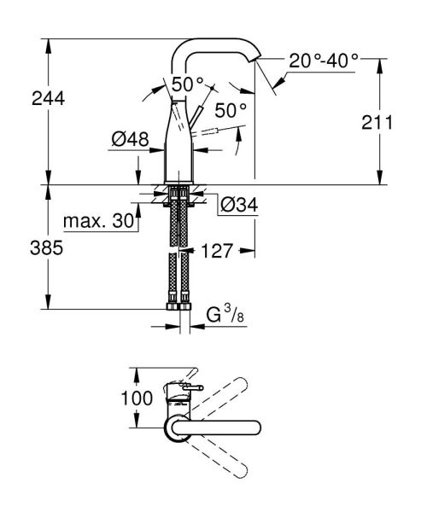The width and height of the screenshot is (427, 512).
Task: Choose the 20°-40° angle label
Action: coord(323,61)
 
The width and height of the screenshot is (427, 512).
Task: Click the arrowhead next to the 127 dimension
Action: coord(248,251)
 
